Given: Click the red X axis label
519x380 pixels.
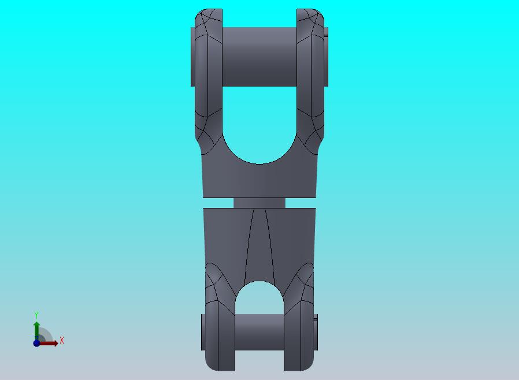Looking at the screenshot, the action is (x=62, y=340).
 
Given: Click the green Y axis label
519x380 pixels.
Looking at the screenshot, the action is (x=36, y=315).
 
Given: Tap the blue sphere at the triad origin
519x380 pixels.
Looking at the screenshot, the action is (x=36, y=343).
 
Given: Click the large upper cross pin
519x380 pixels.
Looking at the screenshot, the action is (x=259, y=57).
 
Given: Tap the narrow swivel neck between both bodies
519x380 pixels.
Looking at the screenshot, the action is (x=259, y=203).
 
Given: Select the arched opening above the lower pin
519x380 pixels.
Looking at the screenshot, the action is (x=259, y=297).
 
